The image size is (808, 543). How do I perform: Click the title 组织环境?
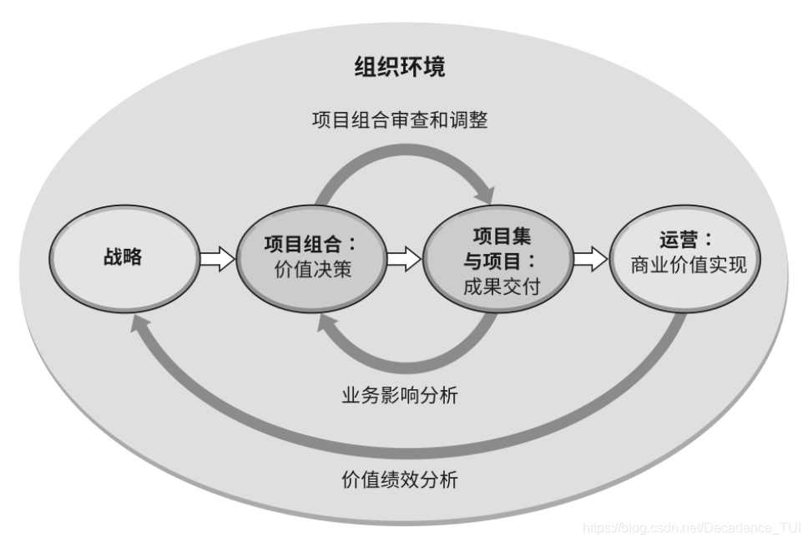pos(399,67)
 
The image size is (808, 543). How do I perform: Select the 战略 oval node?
pos(123,257)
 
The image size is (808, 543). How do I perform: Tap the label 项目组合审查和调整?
pos(400,120)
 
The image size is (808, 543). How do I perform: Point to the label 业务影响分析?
pos(400,395)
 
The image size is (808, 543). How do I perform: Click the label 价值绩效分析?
pos(400,480)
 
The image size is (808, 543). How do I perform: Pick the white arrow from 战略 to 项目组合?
pos(217,258)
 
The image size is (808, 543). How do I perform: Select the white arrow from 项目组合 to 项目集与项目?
pos(404,258)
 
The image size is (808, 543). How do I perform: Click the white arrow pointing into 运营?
pos(591,258)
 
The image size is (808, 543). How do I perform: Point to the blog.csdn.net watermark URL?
pos(691,528)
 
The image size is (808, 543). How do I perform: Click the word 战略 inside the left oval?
pos(123,257)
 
